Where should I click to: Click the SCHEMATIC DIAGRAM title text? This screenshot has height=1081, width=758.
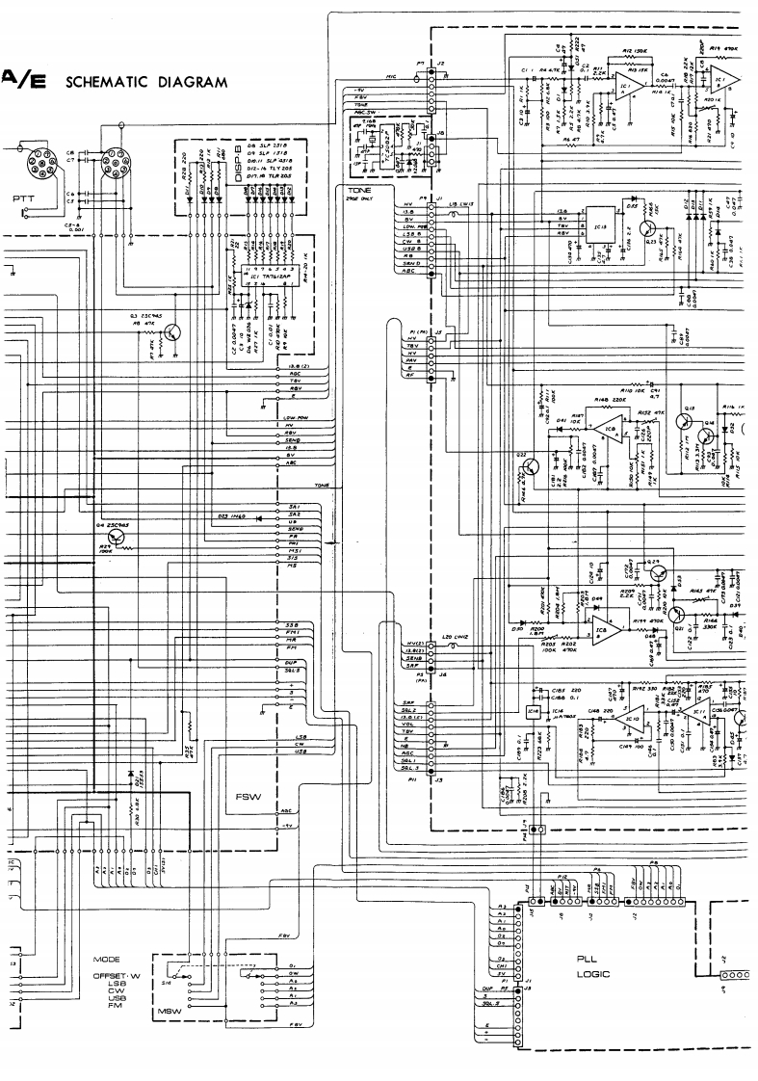click(146, 82)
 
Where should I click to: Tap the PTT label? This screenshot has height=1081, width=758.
click(24, 198)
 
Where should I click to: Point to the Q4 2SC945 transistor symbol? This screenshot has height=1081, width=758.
click(119, 537)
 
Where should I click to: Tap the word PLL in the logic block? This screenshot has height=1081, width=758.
click(587, 960)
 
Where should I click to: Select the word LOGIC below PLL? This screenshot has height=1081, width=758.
click(588, 974)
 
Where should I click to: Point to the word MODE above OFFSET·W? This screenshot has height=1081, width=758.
click(106, 960)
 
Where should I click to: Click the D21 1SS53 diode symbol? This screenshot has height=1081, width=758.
click(131, 775)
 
